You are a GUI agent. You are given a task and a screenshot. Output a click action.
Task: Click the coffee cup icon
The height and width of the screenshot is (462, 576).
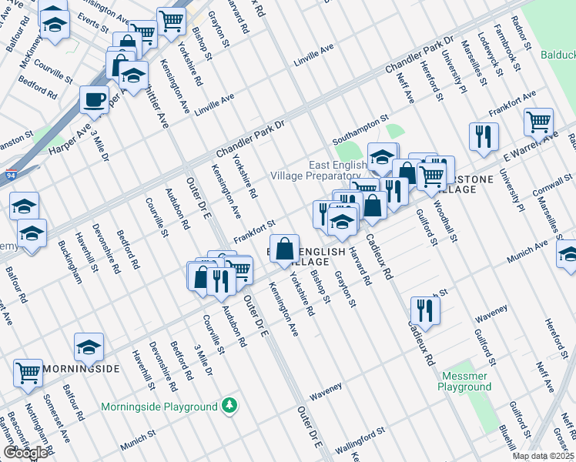pyautogui.click(x=94, y=99)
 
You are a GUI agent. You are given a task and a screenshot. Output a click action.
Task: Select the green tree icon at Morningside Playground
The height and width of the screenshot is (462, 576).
pyautogui.click(x=229, y=405)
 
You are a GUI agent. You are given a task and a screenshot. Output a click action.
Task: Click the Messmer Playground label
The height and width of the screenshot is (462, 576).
pyautogui.click(x=465, y=382)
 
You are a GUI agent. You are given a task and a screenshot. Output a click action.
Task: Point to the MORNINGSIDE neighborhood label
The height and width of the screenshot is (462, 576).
pyautogui.click(x=80, y=369)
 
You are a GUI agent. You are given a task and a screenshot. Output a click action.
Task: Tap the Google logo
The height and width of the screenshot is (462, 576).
pyautogui.click(x=26, y=452)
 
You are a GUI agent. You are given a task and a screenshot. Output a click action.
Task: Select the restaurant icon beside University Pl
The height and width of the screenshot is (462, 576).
pyautogui.click(x=483, y=136)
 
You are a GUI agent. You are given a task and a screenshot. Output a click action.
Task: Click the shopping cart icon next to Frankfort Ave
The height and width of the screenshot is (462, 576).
pyautogui.click(x=538, y=121)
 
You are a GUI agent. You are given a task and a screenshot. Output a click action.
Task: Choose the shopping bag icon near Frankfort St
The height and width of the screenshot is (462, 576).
pyautogui.click(x=284, y=248)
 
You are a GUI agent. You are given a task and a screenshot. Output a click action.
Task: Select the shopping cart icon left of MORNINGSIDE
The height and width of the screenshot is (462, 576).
pyautogui.click(x=28, y=373)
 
